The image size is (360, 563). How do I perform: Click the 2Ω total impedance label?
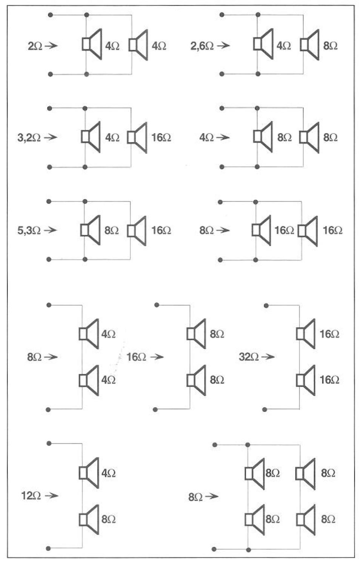(x=35, y=46)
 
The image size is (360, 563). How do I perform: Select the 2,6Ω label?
(x=202, y=46)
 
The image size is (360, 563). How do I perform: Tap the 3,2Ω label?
(x=29, y=137)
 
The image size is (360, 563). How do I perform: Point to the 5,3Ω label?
(x=29, y=230)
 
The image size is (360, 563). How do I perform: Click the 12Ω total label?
(x=31, y=495)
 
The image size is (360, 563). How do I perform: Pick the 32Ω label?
(x=249, y=357)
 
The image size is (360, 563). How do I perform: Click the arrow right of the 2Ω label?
(x=51, y=46)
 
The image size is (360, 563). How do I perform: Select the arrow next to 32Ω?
(x=268, y=356)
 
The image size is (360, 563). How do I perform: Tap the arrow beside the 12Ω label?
(x=51, y=495)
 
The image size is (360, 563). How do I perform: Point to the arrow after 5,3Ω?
(x=50, y=230)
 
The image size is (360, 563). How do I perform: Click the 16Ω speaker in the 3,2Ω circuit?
(x=137, y=137)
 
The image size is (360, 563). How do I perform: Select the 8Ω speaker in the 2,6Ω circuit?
(x=310, y=45)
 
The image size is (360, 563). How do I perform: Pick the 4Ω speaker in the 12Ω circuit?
(x=89, y=473)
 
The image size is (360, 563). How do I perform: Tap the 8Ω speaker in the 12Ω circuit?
(x=89, y=520)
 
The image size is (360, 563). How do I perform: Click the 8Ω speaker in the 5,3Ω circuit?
(x=91, y=230)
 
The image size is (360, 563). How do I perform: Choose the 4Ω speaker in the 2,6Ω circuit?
(x=264, y=44)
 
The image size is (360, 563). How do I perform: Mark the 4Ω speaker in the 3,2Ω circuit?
(x=91, y=137)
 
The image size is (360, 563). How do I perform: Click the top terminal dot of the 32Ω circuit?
(x=266, y=305)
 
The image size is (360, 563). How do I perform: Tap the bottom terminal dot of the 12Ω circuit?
(x=48, y=548)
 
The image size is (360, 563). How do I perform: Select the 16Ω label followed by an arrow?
(x=136, y=357)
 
